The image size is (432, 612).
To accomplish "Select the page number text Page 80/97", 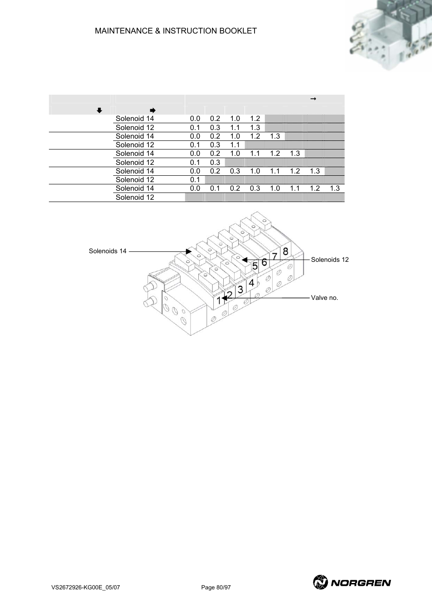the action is pyautogui.click(x=216, y=588).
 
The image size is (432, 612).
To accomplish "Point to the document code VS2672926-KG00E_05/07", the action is pyautogui.click(x=86, y=588).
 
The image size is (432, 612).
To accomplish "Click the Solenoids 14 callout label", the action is pyautogui.click(x=108, y=251).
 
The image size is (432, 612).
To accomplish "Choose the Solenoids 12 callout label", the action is pyautogui.click(x=330, y=260).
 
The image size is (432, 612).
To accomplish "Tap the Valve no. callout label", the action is pyautogui.click(x=324, y=298).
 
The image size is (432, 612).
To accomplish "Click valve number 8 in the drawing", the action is pyautogui.click(x=285, y=251).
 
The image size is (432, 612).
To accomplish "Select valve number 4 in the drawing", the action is pyautogui.click(x=251, y=283).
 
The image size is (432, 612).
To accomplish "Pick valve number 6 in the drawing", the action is pyautogui.click(x=264, y=262).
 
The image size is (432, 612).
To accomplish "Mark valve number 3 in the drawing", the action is pyautogui.click(x=240, y=289).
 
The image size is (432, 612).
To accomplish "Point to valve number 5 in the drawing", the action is pyautogui.click(x=255, y=266).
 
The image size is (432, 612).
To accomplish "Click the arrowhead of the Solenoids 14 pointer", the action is pyautogui.click(x=189, y=251).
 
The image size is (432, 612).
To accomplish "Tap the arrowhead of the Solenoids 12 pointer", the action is pyautogui.click(x=245, y=260).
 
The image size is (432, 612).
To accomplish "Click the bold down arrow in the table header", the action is pyautogui.click(x=100, y=111).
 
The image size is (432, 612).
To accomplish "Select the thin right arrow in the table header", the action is pyautogui.click(x=313, y=99).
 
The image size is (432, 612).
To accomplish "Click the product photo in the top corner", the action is pyautogui.click(x=389, y=36).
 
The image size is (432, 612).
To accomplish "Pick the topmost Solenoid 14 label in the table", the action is pyautogui.click(x=134, y=119).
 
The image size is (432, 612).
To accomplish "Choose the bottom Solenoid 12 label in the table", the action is pyautogui.click(x=134, y=197).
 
